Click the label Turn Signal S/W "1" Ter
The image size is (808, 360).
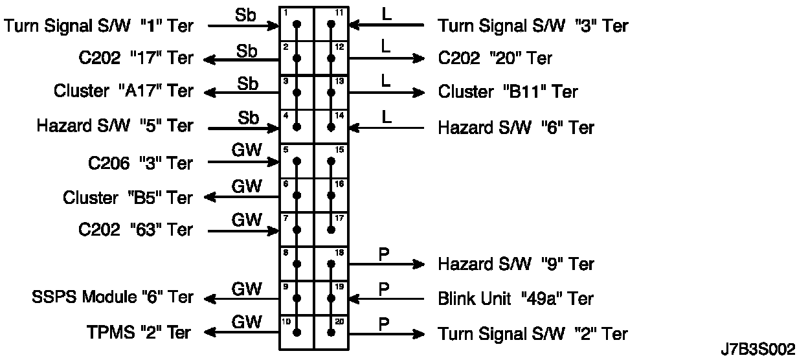click(99, 25)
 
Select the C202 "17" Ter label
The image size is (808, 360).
click(133, 58)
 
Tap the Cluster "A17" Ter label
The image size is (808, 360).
click(123, 91)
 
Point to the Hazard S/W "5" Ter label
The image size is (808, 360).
click(115, 126)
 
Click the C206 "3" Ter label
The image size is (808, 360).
click(140, 163)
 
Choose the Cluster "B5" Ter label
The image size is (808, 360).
click(128, 197)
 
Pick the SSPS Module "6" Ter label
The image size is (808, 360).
click(112, 297)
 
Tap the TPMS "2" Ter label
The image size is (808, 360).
click(139, 333)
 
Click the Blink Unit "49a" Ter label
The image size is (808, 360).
click(516, 298)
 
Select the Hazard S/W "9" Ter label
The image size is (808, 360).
click(516, 264)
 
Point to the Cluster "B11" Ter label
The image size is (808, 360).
click(508, 91)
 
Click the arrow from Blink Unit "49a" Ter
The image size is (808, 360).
click(386, 299)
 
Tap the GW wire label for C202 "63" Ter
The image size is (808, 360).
click(247, 220)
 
